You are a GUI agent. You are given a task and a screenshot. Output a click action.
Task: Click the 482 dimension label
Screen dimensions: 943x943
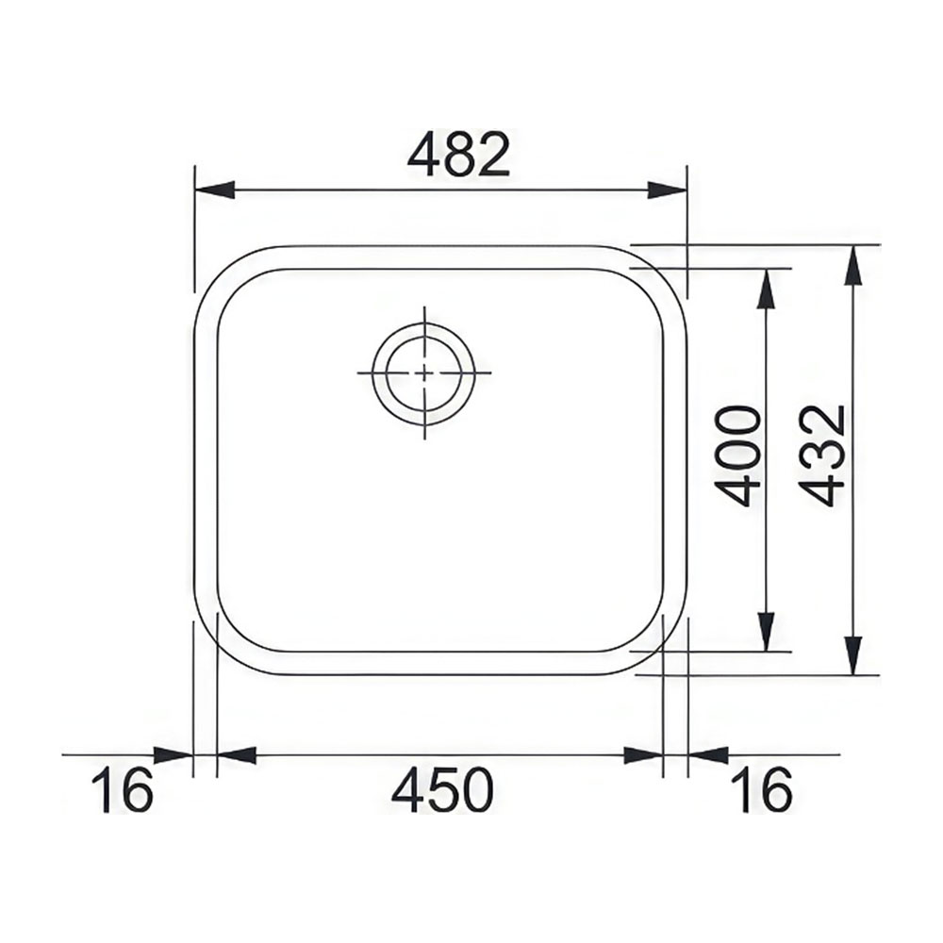tap(458, 156)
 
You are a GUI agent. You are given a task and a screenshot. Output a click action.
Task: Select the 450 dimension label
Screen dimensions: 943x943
tap(442, 789)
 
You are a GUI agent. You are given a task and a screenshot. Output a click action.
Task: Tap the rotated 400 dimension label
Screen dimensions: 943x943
tap(738, 456)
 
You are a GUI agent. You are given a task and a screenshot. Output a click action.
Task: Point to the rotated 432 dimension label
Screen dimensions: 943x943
tap(823, 456)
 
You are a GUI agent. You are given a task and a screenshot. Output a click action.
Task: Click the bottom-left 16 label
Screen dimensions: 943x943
tap(122, 789)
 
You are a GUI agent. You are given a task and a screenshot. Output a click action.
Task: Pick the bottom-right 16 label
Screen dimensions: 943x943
tap(761, 789)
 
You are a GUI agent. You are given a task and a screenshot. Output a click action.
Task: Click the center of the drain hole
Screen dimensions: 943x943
tap(424, 372)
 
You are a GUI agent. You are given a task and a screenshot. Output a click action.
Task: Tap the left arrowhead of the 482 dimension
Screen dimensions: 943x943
tap(214, 190)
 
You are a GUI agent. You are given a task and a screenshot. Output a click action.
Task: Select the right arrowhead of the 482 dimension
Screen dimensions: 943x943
tap(667, 190)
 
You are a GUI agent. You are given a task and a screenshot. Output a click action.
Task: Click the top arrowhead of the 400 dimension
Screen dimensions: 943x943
tap(766, 290)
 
